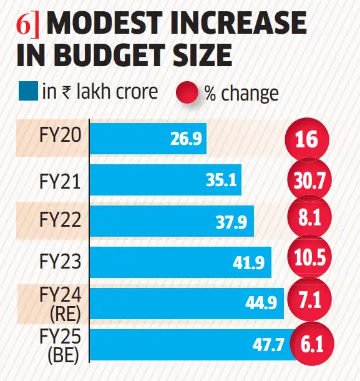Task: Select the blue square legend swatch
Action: coord(27,92)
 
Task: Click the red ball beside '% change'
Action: coord(190,94)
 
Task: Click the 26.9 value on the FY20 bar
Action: coord(185,138)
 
